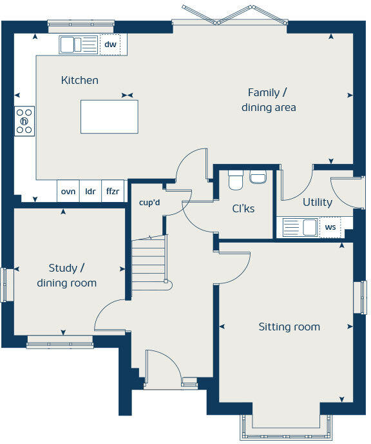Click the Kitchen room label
point(80,80)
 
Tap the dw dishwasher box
point(110,44)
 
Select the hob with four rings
point(24,121)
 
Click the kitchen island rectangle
point(109,116)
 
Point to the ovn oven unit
point(68,191)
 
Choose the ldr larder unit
point(90,191)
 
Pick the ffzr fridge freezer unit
point(113,191)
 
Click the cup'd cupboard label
point(149,203)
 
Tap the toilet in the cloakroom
point(236,180)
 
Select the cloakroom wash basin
point(258,177)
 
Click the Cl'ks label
point(243,208)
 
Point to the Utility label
point(318,202)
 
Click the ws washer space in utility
point(330,227)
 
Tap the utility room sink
point(301,227)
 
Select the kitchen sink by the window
point(79,45)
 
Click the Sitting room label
point(289,327)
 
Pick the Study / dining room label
point(67,276)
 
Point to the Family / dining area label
point(269,100)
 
